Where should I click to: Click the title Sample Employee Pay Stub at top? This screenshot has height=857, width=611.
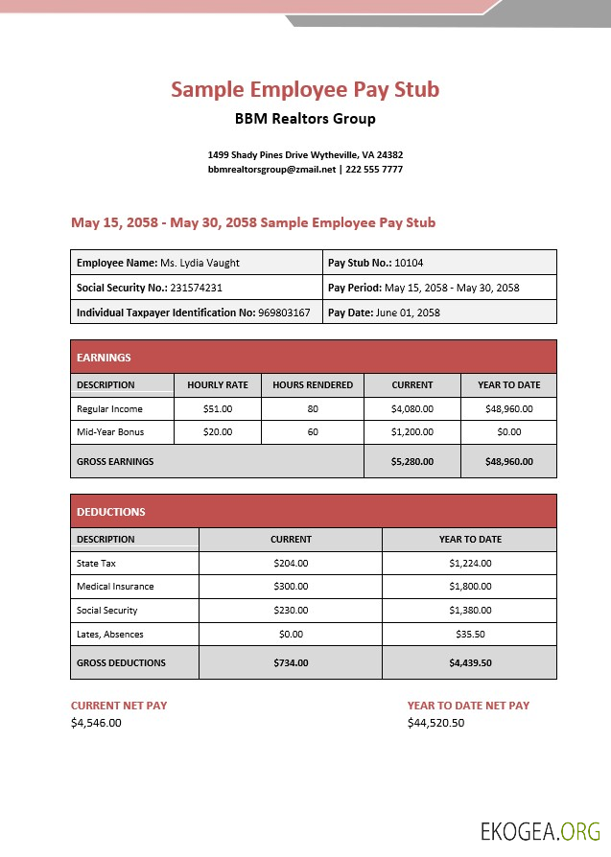tap(305, 89)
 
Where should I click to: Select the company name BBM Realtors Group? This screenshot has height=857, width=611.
tap(305, 119)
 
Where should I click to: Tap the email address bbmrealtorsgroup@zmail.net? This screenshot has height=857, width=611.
tap(272, 169)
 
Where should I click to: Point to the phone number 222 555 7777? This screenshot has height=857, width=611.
tap(374, 169)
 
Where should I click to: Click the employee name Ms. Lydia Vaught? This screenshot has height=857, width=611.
tap(200, 263)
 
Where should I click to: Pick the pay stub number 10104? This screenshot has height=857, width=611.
tap(409, 263)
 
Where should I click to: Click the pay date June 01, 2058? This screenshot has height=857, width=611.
tap(408, 313)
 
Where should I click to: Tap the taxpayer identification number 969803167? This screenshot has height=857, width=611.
tap(284, 313)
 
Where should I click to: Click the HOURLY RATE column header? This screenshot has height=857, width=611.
tap(218, 385)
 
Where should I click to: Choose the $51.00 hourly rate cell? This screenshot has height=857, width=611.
tap(218, 408)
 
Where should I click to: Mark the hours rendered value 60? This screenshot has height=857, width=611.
tap(313, 432)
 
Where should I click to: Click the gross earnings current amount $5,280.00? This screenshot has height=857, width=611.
tap(412, 461)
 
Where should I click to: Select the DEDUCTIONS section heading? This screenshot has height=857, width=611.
tap(111, 512)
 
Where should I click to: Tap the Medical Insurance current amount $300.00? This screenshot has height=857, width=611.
tap(291, 587)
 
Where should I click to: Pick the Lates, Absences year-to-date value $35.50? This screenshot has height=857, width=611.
tap(470, 635)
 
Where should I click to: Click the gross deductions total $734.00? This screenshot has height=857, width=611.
tap(291, 662)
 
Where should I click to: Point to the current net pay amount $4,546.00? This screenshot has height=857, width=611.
tap(96, 723)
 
